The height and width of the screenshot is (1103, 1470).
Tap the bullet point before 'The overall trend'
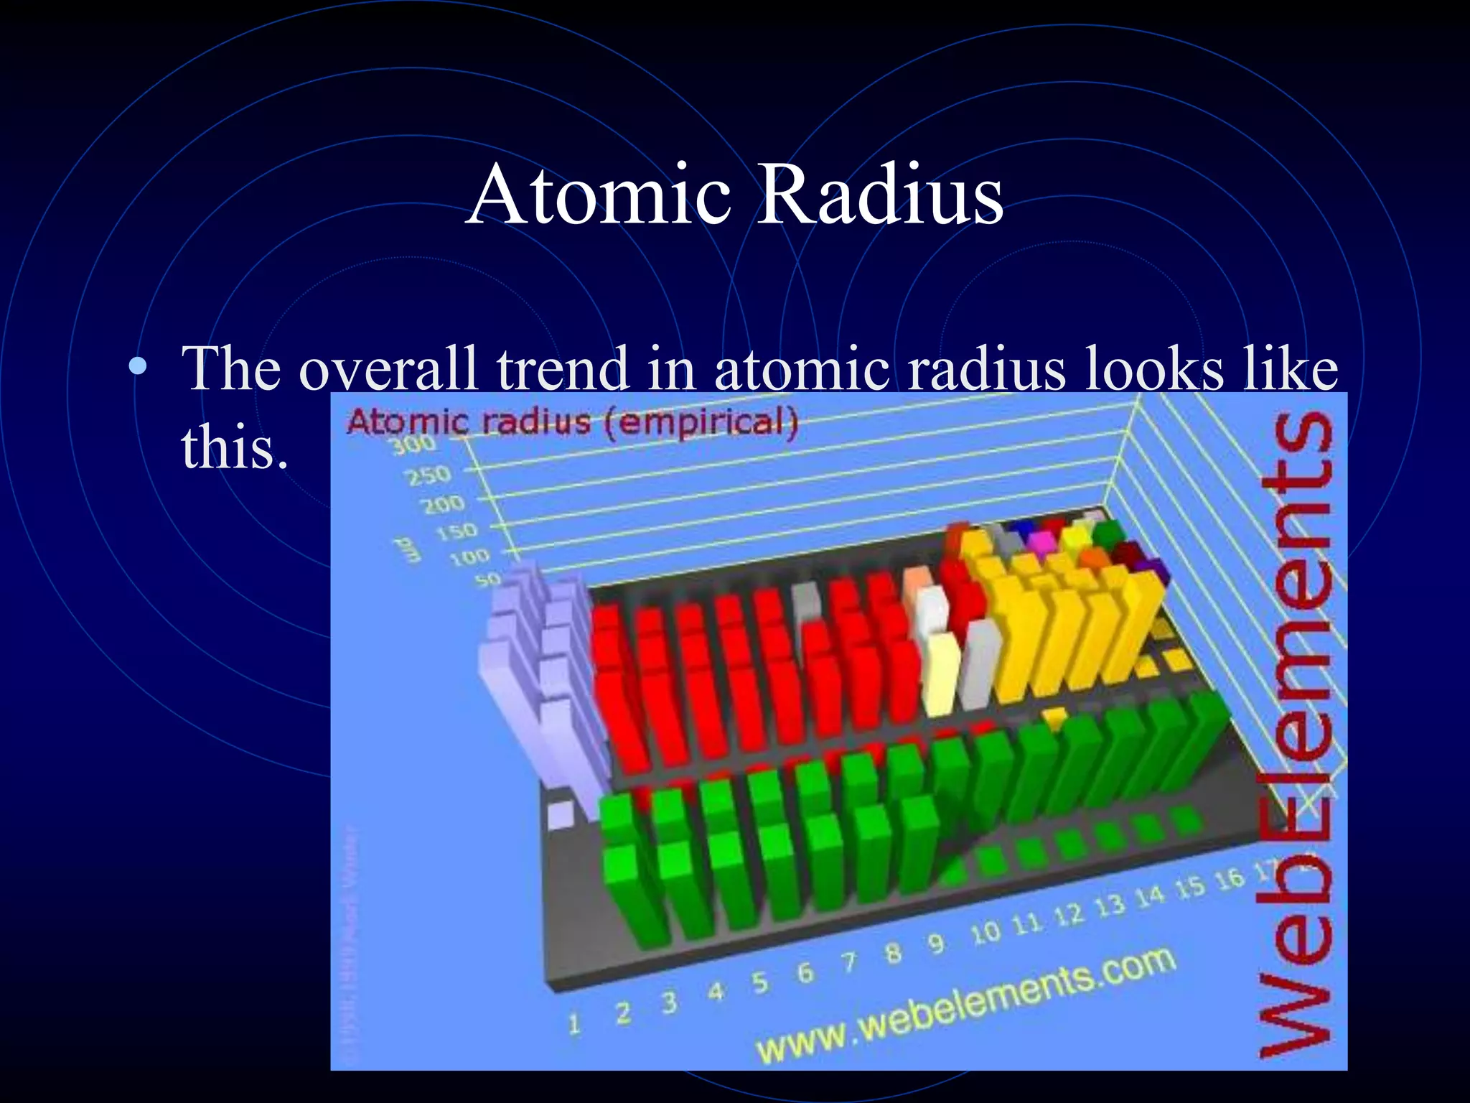(137, 367)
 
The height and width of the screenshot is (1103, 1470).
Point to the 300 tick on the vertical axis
(413, 445)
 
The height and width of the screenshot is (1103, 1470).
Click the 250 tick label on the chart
(428, 475)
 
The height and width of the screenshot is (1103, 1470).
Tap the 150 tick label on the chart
(457, 532)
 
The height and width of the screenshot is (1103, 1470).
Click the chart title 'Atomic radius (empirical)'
(572, 422)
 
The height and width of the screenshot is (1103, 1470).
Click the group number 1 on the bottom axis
(574, 1024)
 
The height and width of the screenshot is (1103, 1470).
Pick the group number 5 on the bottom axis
(759, 982)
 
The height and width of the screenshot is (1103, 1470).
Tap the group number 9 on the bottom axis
(935, 944)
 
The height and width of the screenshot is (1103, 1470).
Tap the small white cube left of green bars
(560, 815)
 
